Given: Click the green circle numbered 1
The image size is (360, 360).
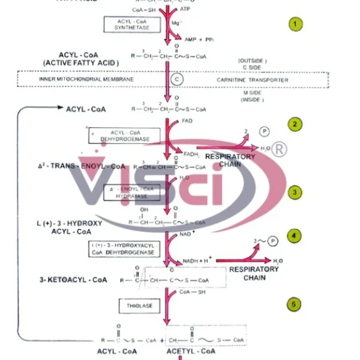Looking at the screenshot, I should tap(295, 25).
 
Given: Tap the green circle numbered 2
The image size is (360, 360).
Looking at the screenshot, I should tap(295, 125).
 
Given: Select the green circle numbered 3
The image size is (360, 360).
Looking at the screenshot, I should tap(295, 192).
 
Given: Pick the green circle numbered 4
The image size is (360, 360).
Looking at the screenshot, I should tap(295, 236).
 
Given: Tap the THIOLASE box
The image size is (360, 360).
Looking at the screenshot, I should tap(139, 306).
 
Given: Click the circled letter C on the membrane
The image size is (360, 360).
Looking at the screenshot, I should tap(176, 79).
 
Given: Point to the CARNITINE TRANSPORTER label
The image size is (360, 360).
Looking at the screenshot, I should tap(253, 80).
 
